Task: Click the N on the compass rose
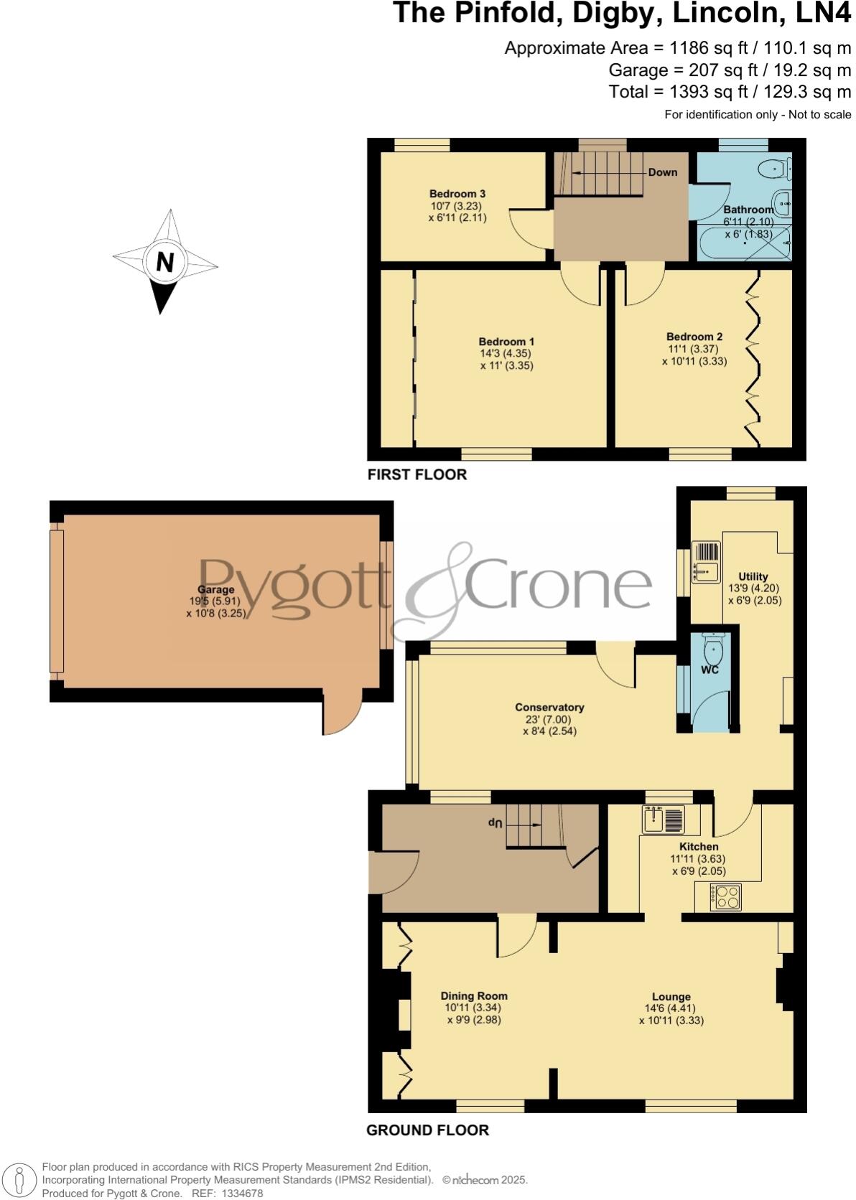pos(165,262)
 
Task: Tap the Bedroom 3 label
pos(457,194)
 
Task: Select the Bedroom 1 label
pos(506,342)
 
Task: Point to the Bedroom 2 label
pos(694,337)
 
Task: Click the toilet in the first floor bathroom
pos(772,169)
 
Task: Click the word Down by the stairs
pos(662,172)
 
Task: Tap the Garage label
pos(216,590)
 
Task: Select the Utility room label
pos(753,576)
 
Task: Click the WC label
pos(710,670)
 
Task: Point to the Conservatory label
pos(549,707)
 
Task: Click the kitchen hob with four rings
pos(725,896)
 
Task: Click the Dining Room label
pos(473,995)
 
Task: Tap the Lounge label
pos(671,996)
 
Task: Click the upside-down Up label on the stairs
pos(494,822)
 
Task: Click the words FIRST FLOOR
pos(417,474)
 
